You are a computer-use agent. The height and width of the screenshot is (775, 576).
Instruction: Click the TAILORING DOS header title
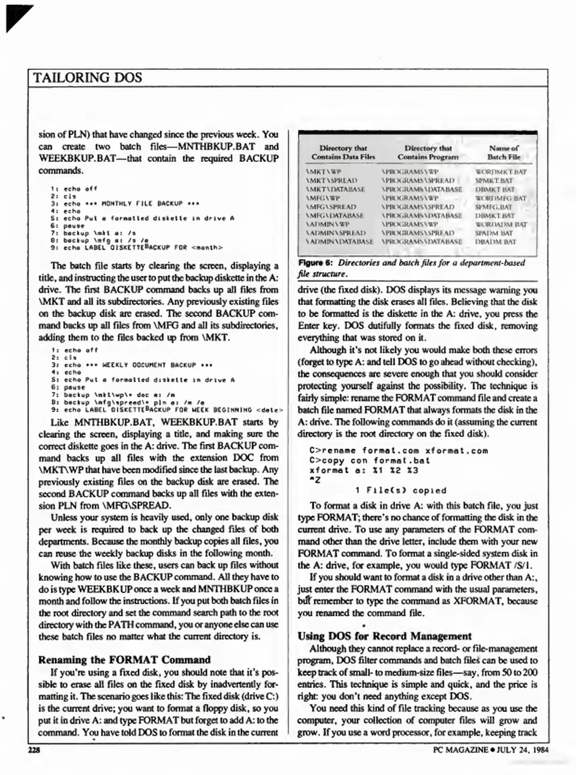point(88,78)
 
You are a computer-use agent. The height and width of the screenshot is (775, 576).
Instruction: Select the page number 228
point(34,750)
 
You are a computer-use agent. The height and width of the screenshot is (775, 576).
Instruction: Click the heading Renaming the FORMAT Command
point(124,659)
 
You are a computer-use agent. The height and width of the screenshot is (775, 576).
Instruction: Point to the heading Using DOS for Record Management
point(384,636)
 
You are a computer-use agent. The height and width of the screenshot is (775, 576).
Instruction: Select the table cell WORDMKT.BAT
point(500,172)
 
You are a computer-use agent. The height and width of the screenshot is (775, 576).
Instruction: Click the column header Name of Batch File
point(504,152)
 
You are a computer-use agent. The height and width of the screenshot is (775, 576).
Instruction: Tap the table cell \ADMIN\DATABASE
point(339,242)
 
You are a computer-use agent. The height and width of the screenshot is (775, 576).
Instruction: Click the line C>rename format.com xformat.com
point(398,451)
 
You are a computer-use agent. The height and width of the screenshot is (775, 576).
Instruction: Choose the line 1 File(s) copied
point(401,490)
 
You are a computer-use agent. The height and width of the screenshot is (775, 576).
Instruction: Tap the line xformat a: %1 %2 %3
point(364,470)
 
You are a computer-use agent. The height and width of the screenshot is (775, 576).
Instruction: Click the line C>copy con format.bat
point(369,461)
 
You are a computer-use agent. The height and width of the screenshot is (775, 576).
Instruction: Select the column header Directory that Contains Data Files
point(343,152)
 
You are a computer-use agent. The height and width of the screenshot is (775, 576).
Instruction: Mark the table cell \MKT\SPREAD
point(331,180)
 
